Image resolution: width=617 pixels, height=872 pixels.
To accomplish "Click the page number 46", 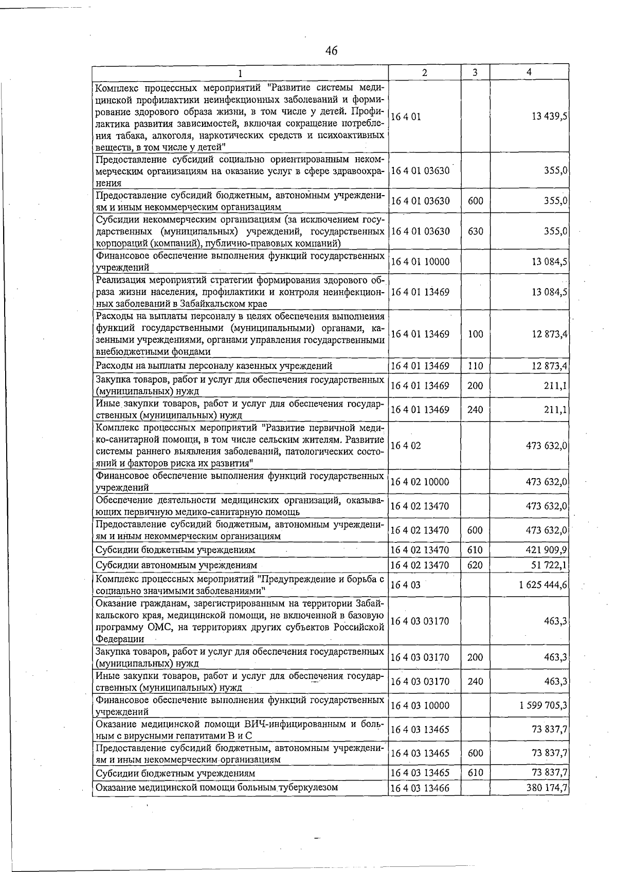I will (x=332, y=50).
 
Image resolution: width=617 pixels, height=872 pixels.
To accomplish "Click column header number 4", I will (x=529, y=72).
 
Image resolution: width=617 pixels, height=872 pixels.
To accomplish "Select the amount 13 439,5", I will (x=550, y=116).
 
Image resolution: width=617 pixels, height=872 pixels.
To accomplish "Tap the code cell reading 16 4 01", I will (x=406, y=117).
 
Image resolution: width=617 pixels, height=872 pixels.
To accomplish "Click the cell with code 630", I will (x=475, y=231).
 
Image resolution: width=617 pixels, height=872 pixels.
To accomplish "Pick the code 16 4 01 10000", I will (x=420, y=261).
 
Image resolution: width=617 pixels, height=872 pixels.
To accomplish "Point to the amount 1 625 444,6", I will (x=543, y=584).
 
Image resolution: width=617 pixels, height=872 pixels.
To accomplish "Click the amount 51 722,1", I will (x=549, y=565).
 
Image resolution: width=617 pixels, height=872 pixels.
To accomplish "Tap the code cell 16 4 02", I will (x=406, y=446).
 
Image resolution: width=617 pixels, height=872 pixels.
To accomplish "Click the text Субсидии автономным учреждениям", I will (x=176, y=565).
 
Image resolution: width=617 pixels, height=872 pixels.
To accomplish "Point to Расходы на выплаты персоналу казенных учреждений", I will (x=214, y=366).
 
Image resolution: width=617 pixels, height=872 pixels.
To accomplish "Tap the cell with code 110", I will (x=475, y=366).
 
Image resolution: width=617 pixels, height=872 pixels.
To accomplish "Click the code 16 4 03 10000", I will (x=420, y=706).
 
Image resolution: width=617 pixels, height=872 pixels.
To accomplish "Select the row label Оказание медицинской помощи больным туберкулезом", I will (x=217, y=787).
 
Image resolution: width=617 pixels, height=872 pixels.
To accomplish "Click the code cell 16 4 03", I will (x=406, y=585).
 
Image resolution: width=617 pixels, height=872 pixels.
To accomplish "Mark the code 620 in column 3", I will (x=475, y=565).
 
